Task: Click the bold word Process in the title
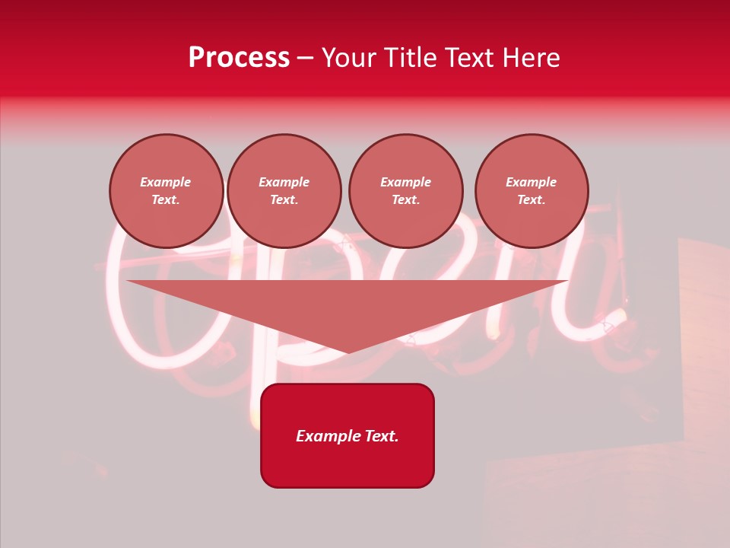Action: (x=239, y=58)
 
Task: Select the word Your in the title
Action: (x=351, y=58)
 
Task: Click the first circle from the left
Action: (x=167, y=191)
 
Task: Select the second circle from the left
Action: (x=284, y=191)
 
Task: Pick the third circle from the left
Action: (x=406, y=191)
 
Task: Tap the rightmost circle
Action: (x=532, y=191)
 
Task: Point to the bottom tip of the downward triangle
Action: (x=348, y=352)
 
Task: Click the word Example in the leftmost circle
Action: (x=166, y=182)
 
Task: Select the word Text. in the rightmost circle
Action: (x=532, y=200)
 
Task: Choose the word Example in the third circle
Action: (x=406, y=182)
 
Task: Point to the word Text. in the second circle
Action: (x=284, y=200)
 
